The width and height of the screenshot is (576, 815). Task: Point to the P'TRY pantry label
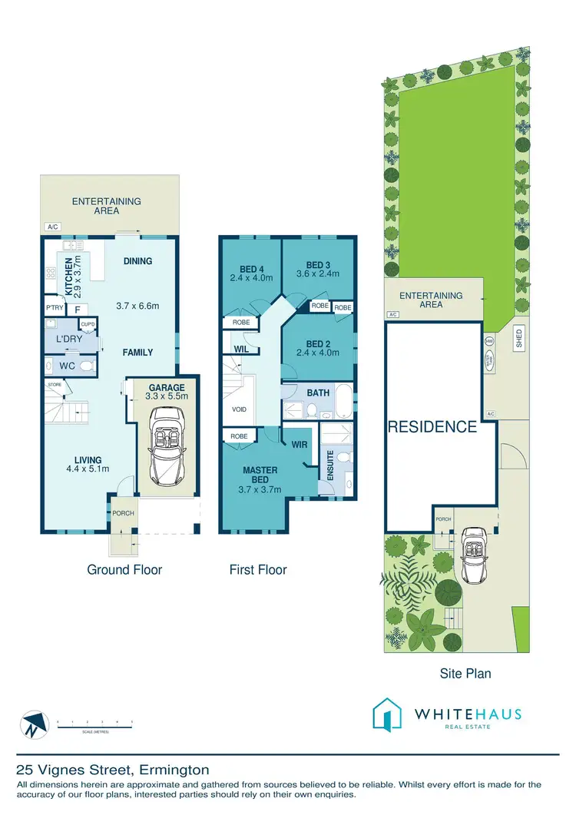(55, 309)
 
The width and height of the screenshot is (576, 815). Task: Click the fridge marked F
(78, 309)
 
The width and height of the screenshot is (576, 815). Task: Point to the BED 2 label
(317, 343)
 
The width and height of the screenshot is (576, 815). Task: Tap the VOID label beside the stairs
(239, 409)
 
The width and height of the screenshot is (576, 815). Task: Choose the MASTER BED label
(260, 474)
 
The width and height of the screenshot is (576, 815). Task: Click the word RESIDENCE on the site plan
(432, 427)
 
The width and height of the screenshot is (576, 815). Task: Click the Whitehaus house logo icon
(388, 714)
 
